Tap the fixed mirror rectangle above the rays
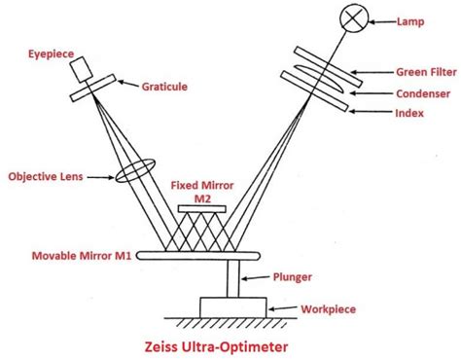tap(204, 210)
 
